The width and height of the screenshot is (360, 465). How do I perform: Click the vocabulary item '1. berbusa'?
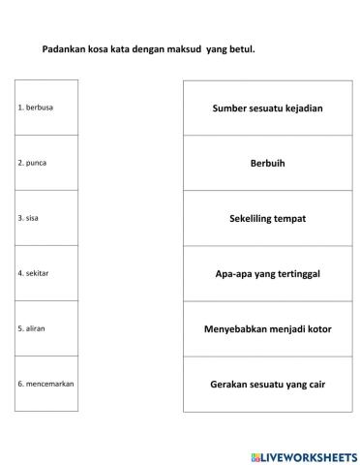(x=36, y=108)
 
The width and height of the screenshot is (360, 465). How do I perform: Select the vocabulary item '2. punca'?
(x=33, y=163)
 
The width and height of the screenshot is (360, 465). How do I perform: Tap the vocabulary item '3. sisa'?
(x=30, y=218)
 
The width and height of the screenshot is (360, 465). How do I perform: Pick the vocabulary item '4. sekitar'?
(x=34, y=273)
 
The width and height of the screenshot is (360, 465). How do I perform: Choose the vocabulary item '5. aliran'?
(x=33, y=328)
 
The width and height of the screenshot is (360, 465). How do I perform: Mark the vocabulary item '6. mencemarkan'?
(x=45, y=384)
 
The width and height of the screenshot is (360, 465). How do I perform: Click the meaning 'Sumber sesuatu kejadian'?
(x=267, y=108)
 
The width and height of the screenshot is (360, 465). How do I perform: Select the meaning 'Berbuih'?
(x=267, y=163)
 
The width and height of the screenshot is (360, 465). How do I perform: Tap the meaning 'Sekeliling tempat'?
(x=267, y=218)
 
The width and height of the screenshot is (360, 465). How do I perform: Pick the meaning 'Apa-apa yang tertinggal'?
(x=267, y=273)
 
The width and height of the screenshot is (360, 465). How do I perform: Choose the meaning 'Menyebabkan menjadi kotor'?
(x=267, y=328)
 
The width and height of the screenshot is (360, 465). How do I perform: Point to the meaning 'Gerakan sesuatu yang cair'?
(x=267, y=384)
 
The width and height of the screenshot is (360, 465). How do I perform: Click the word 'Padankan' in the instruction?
(x=64, y=48)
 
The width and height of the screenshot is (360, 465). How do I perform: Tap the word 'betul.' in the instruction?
(x=242, y=48)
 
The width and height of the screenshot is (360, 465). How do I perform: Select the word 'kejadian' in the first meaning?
(x=304, y=108)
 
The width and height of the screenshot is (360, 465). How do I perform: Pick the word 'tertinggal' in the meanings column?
(x=298, y=273)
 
